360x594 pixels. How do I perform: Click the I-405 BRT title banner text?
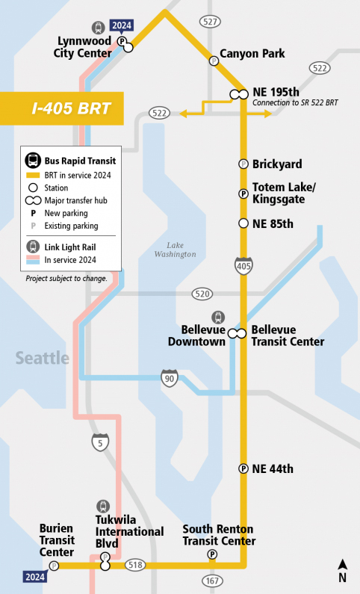point(71,109)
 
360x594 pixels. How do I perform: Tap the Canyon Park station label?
point(252,54)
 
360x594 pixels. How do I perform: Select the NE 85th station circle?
point(243,223)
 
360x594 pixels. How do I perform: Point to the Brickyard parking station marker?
point(243,164)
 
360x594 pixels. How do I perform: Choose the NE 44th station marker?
point(243,468)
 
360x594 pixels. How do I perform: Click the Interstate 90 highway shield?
point(170,377)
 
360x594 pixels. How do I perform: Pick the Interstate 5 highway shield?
point(101,442)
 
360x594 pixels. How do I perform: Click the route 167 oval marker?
point(211,580)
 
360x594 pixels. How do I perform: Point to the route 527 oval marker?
point(210,22)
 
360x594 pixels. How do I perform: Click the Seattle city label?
point(43,358)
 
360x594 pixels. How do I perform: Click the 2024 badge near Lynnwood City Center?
point(121,25)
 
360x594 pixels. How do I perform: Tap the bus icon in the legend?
point(33,160)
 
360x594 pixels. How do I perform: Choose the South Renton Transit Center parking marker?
point(212,554)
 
